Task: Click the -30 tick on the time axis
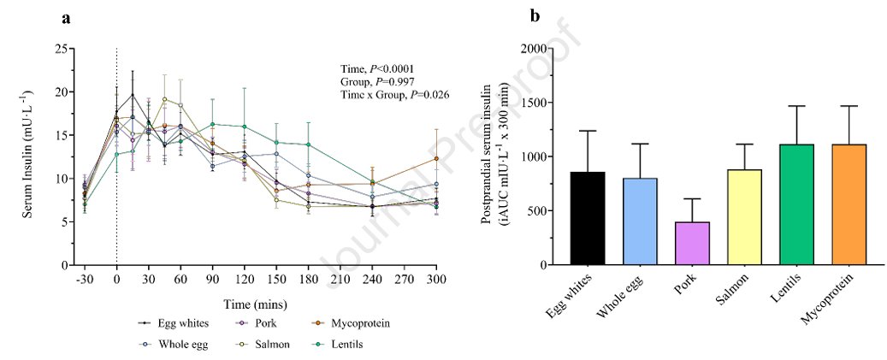click(x=85, y=280)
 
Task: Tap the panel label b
click(x=535, y=15)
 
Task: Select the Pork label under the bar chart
click(x=686, y=294)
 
